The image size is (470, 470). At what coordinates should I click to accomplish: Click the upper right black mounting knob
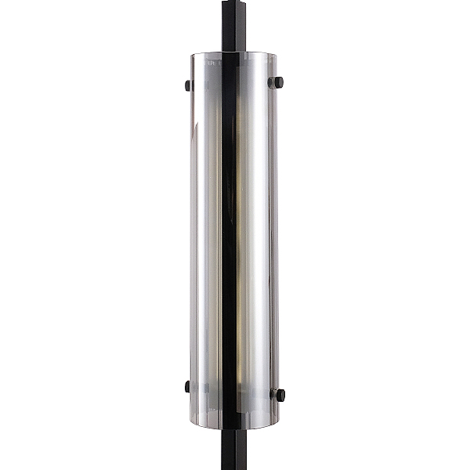(x=277, y=82)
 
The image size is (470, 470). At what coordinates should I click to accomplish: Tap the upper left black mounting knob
(x=186, y=85)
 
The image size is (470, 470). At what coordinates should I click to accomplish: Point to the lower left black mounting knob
(x=186, y=385)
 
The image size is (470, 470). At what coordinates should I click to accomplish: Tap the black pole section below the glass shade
(x=233, y=446)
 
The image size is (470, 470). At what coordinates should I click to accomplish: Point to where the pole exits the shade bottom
(x=233, y=427)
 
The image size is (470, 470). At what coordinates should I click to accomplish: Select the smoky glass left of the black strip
(x=205, y=235)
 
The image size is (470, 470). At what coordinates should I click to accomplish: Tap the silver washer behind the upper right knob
(x=270, y=82)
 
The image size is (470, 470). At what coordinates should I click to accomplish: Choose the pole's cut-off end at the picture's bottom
(x=233, y=467)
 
